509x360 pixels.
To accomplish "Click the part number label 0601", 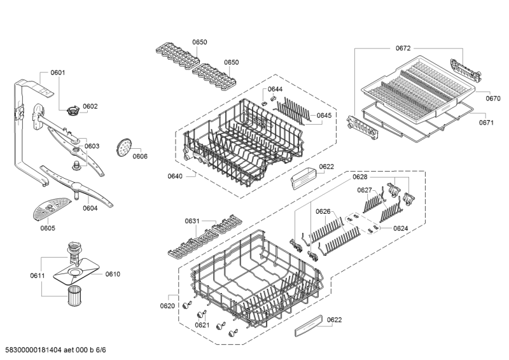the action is coord(58,73).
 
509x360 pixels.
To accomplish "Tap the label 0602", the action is coord(90,106).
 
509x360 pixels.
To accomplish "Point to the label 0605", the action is coord(48,228).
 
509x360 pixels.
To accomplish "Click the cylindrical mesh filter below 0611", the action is coord(74,295).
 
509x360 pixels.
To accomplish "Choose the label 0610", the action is coord(113,274).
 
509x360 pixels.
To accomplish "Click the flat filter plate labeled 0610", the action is coord(76,272).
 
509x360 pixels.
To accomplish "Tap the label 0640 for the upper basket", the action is coord(175,176).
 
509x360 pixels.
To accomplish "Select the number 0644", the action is coord(275,89).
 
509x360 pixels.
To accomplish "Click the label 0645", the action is coord(324,116).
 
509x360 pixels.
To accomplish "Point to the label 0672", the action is coord(403,48).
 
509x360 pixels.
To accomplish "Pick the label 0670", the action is coord(493,99).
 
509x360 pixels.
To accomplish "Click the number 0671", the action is coord(486,123).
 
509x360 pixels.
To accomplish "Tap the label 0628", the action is coord(360,177).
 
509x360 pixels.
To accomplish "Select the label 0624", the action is coord(401,228).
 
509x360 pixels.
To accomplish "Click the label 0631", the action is coord(192,221).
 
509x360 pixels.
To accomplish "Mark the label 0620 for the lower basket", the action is coord(167,306).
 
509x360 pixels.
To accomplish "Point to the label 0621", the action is coord(202,325).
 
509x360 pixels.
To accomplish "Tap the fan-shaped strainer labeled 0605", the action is coord(52,208).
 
